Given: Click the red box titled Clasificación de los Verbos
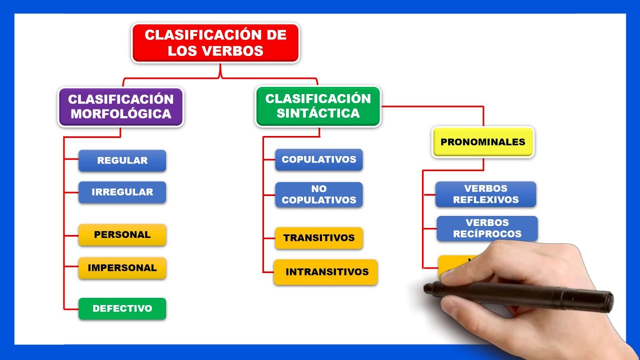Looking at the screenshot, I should [215, 43].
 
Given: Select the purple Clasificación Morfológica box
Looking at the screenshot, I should [121, 106].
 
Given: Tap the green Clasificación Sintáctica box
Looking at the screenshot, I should [318, 106].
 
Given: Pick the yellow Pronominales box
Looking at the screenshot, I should [482, 142].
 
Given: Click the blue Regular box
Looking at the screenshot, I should [122, 160].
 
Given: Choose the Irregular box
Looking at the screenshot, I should [122, 192].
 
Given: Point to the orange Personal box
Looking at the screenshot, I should [122, 234].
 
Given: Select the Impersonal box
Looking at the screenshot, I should [122, 268].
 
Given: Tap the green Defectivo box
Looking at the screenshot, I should [122, 308].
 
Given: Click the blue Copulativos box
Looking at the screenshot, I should [318, 159].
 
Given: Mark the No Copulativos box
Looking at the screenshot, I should [318, 194].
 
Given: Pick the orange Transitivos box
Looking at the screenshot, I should [318, 238].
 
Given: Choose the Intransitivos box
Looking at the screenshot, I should [326, 272].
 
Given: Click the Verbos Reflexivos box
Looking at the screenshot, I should [485, 194].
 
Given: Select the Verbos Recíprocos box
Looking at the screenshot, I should [486, 228].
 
